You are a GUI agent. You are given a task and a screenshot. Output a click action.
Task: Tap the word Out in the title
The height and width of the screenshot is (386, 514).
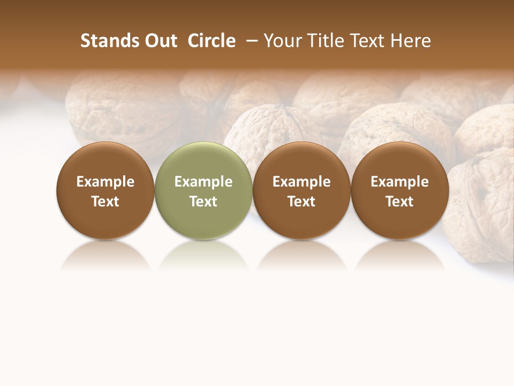160,41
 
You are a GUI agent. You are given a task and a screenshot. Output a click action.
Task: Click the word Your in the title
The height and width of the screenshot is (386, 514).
282,41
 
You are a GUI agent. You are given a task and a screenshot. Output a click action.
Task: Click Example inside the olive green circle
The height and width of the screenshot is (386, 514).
203,182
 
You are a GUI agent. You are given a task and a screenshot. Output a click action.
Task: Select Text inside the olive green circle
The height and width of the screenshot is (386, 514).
203,202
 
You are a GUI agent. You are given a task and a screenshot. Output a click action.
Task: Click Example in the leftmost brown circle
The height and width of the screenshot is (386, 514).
105,182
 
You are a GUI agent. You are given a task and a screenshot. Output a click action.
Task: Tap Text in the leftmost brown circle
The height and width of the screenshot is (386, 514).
105,202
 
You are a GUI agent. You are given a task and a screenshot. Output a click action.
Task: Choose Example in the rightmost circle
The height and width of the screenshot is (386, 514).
399,182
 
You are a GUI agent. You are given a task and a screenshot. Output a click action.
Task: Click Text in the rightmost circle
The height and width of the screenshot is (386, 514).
399,202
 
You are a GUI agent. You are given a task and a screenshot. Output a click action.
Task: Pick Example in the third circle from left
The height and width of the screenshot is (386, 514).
301,182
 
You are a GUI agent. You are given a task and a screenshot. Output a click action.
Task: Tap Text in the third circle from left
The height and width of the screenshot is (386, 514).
301,202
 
